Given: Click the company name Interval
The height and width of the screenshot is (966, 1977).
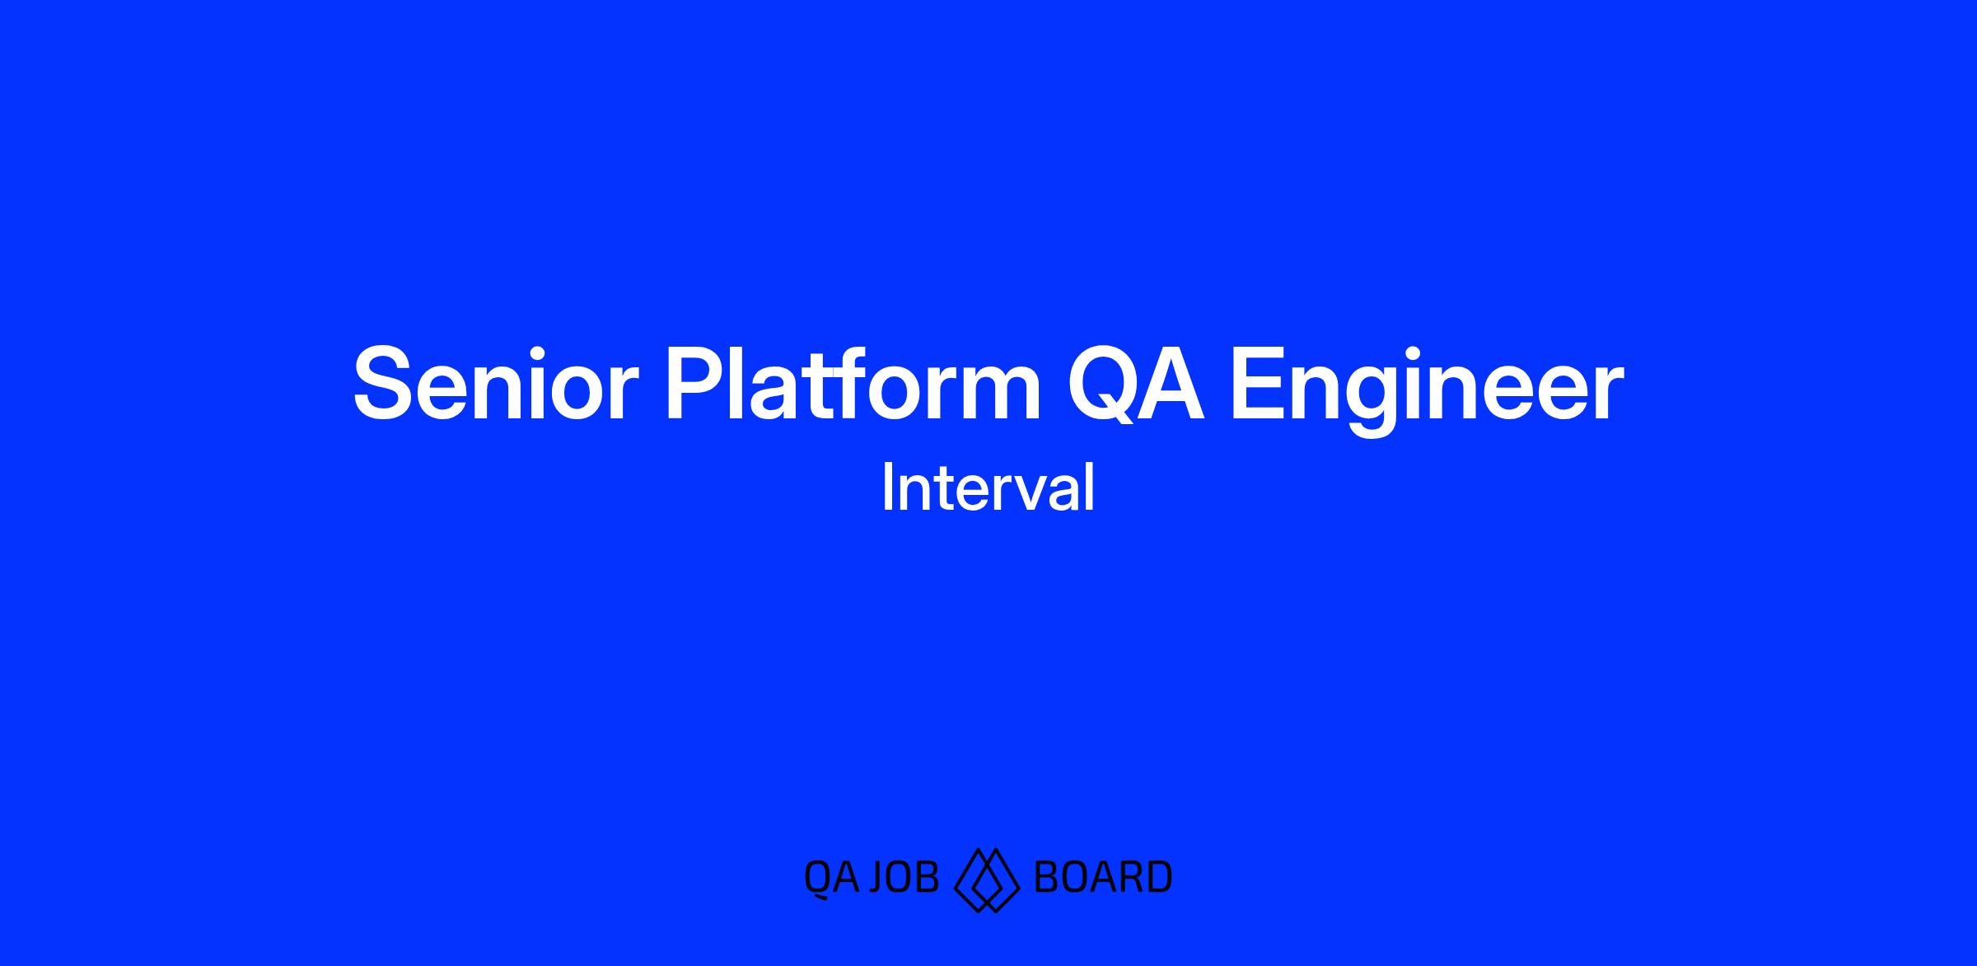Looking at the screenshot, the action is point(988,488).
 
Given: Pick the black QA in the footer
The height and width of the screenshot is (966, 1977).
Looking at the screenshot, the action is point(832,878).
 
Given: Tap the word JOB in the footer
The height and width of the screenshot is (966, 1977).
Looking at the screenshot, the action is point(904,877).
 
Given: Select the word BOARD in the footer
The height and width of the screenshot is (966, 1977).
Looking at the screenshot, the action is point(1102,877).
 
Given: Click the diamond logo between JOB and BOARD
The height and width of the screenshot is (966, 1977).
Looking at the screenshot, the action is point(987,880).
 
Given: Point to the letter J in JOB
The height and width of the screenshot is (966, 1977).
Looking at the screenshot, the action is point(880,878).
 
